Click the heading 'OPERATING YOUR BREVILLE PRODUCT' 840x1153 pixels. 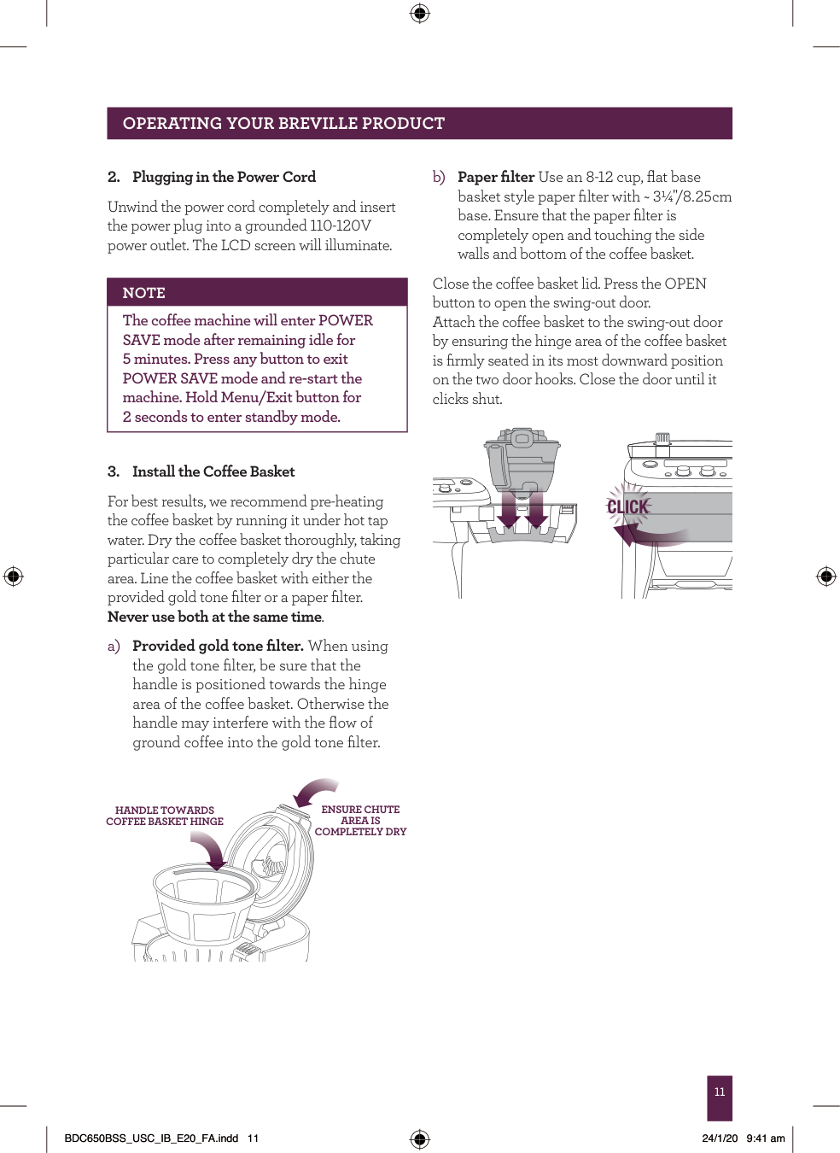[283, 124]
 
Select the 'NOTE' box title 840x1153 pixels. [143, 293]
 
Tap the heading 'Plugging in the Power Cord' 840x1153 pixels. [224, 177]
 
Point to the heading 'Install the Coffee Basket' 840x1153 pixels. [213, 471]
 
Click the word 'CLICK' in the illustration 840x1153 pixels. [628, 507]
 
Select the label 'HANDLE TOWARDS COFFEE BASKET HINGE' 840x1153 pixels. [165, 816]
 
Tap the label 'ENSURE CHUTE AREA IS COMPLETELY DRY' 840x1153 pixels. [360, 820]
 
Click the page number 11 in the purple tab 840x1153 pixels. [720, 1092]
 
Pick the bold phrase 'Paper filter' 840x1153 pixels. [496, 177]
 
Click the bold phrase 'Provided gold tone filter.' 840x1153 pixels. [218, 646]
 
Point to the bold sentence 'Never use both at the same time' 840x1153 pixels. [214, 617]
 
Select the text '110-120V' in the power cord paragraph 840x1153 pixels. [341, 225]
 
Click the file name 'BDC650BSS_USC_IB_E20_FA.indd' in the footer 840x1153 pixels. [151, 1138]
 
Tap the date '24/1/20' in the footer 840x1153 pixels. [720, 1138]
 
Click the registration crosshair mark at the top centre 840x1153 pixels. [419, 13]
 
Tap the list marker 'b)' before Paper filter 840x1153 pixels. [439, 177]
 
